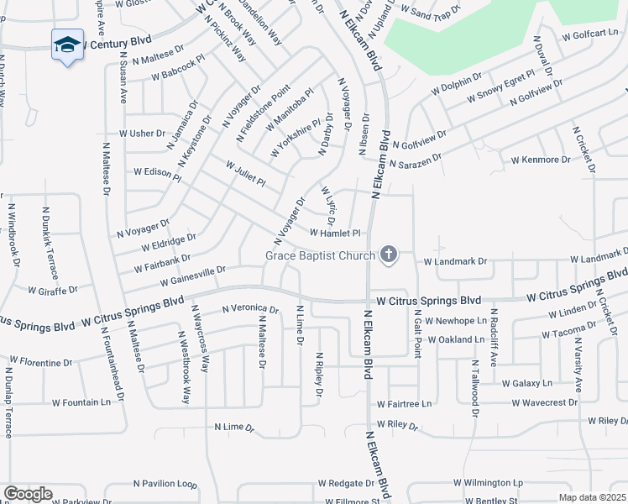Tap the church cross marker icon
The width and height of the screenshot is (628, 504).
[x=388, y=254]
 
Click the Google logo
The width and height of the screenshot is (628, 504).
[x=27, y=494]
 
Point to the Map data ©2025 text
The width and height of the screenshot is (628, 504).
[x=591, y=497]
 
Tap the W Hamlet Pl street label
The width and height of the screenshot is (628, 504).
[x=335, y=233]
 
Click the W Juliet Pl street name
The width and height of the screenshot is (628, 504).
[x=245, y=175]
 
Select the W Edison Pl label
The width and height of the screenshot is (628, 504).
[x=157, y=172]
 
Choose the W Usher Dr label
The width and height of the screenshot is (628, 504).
[x=142, y=134]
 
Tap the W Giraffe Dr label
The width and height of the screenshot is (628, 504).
[x=52, y=291]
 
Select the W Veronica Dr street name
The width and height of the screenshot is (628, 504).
[x=249, y=309]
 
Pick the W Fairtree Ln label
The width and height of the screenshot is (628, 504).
[x=404, y=404]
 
